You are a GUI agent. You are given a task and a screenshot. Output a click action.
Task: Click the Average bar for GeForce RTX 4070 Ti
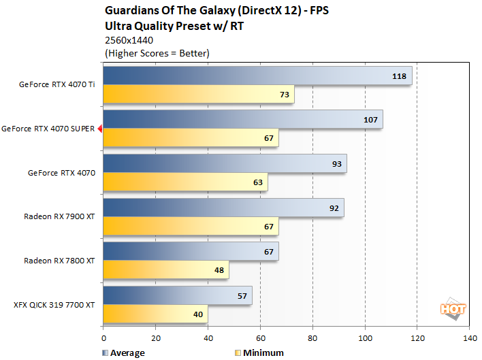(x=257, y=76)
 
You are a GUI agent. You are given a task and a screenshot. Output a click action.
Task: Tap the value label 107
(x=370, y=120)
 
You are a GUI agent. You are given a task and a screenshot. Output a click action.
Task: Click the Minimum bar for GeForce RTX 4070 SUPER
(x=191, y=138)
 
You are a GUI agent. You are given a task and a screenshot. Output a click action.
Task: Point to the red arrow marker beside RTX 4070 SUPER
(x=99, y=129)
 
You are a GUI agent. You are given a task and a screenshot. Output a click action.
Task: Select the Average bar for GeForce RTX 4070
(x=225, y=164)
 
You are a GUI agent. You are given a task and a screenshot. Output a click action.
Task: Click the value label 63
(x=257, y=182)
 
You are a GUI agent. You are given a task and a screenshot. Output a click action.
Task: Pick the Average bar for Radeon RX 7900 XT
(x=223, y=208)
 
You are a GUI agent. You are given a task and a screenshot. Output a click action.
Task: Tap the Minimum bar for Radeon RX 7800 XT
(x=165, y=270)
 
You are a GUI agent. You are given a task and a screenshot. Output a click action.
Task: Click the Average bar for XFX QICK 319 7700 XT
(x=178, y=296)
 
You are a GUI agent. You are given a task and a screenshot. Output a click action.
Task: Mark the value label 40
(x=197, y=314)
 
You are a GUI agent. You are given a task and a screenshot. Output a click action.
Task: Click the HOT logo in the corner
(x=453, y=308)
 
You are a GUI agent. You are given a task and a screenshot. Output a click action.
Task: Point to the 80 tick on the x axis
(x=312, y=338)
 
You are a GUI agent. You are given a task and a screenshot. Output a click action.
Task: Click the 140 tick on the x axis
(x=469, y=338)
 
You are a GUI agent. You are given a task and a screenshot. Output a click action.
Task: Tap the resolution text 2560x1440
(x=129, y=40)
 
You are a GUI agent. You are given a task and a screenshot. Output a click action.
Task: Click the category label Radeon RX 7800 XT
(x=60, y=261)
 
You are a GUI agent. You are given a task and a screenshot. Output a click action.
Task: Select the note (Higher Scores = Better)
(x=157, y=52)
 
